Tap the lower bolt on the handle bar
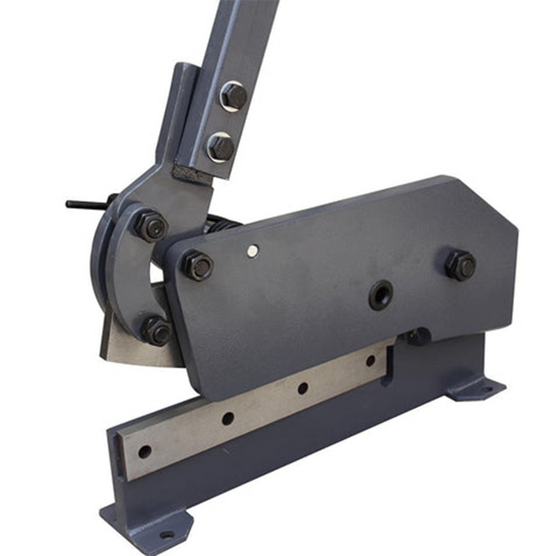[x=221, y=147]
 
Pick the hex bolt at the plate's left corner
[x=197, y=265]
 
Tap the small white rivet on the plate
[x=252, y=250]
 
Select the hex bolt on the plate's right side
[x=460, y=265]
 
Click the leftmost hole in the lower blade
[x=144, y=452]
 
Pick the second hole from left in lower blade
[x=227, y=418]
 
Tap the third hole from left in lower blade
[x=302, y=388]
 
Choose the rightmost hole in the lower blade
[x=370, y=361]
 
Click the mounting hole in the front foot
[x=167, y=534]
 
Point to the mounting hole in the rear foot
[x=482, y=389]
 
